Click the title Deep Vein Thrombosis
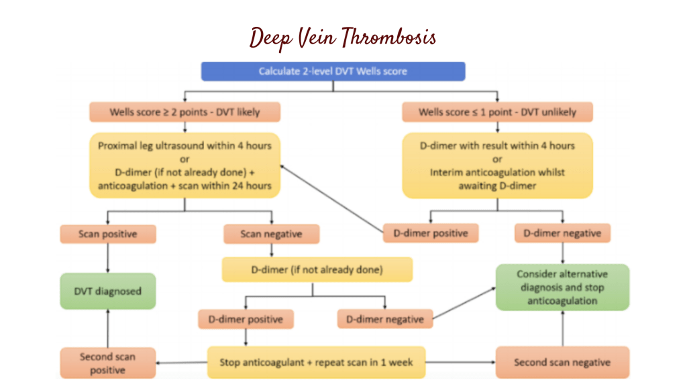pyautogui.click(x=342, y=38)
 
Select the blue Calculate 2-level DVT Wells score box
pyautogui.click(x=333, y=71)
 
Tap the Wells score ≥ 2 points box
pyautogui.click(x=184, y=112)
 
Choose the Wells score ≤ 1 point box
pyautogui.click(x=497, y=112)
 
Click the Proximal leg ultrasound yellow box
pyautogui.click(x=184, y=165)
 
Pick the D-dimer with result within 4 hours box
pyautogui.click(x=497, y=165)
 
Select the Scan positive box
pyautogui.click(x=108, y=234)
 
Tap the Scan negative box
pyautogui.click(x=271, y=234)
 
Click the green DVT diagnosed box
pyautogui.click(x=108, y=291)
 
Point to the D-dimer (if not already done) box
pyautogui.click(x=317, y=269)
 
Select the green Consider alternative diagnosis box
pyautogui.click(x=562, y=287)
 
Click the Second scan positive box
pyautogui.click(x=108, y=363)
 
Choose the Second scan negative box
pyautogui.click(x=562, y=363)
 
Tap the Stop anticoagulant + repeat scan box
pyautogui.click(x=317, y=363)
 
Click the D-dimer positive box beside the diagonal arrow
pyautogui.click(x=431, y=233)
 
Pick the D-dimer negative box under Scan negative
pyautogui.click(x=385, y=319)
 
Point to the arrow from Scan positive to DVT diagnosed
pyautogui.click(x=108, y=258)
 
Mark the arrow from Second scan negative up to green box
pyautogui.click(x=562, y=328)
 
